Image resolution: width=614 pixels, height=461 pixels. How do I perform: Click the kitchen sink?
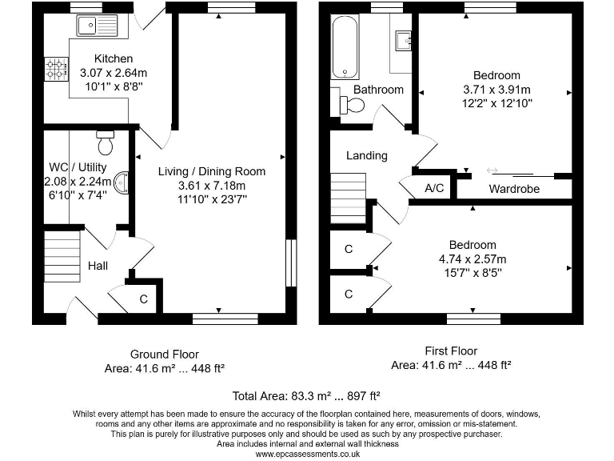tap(97, 26)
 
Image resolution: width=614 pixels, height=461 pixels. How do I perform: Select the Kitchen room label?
tap(114, 58)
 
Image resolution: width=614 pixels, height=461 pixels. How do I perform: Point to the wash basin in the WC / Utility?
tap(122, 184)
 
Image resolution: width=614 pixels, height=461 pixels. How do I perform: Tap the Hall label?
tap(98, 266)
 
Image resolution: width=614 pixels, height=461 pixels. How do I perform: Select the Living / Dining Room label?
tap(212, 171)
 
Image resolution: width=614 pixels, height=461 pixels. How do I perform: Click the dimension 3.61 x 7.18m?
tap(212, 185)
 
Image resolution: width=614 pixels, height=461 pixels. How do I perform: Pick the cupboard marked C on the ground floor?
tap(143, 299)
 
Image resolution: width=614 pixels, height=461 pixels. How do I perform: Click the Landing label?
tap(367, 155)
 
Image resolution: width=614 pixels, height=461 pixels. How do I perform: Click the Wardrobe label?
tap(514, 189)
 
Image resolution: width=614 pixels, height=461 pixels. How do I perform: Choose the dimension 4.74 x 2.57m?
tap(472, 259)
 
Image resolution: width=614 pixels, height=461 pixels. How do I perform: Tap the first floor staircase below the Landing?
tap(348, 202)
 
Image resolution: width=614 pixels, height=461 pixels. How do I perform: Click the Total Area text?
tap(306, 395)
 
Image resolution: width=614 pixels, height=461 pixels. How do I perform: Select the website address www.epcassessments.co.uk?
tap(306, 454)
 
